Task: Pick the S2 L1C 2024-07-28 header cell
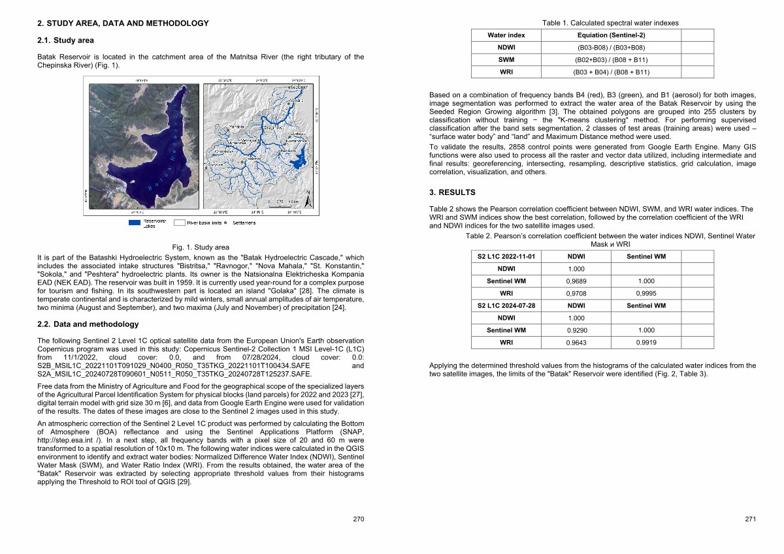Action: coord(506,305)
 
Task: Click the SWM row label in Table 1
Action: coord(506,59)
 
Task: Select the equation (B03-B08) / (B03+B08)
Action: coord(611,48)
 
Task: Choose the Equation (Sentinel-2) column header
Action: coord(611,35)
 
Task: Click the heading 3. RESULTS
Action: coord(452,192)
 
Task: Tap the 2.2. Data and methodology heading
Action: coord(88,324)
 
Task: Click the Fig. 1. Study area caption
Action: coord(201,247)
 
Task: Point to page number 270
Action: coord(358,519)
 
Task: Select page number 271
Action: coord(750,519)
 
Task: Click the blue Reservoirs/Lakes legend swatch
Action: coord(134,223)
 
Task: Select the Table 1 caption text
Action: coord(610,23)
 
